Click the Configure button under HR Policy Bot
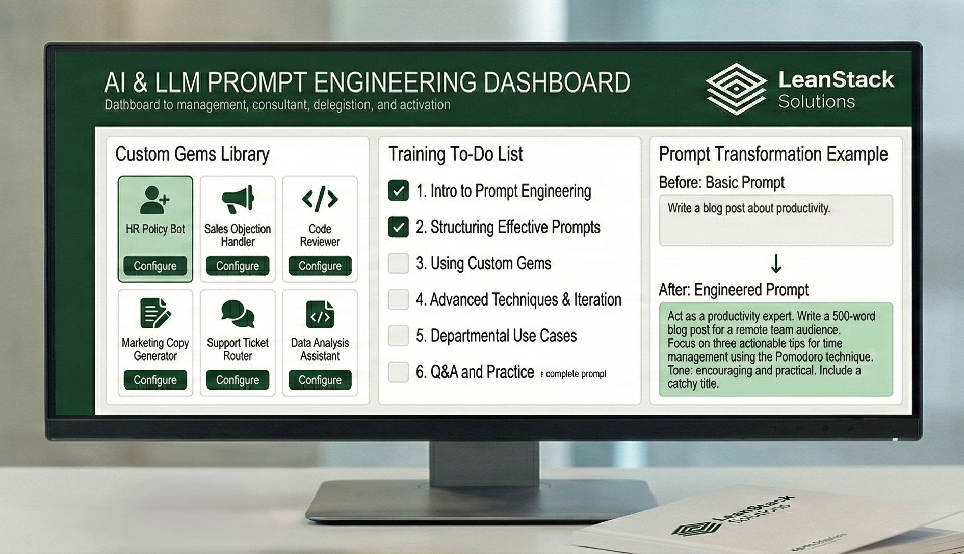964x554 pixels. click(155, 266)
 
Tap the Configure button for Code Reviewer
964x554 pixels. click(320, 266)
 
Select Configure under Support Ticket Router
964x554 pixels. click(237, 380)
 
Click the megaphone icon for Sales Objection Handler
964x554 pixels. click(238, 199)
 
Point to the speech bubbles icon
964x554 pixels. click(238, 313)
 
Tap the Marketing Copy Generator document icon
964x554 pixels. click(155, 313)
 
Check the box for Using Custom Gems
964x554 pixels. click(398, 263)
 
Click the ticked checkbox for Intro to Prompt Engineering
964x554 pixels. click(398, 190)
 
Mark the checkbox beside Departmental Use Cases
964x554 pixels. click(398, 336)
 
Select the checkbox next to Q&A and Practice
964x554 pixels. click(398, 372)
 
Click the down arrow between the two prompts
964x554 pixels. click(776, 264)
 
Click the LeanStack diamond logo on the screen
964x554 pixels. click(736, 89)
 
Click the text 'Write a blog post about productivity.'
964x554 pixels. click(748, 208)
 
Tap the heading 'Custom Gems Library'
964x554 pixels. click(192, 154)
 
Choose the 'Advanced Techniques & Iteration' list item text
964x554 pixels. click(518, 299)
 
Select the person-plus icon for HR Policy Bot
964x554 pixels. click(155, 199)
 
